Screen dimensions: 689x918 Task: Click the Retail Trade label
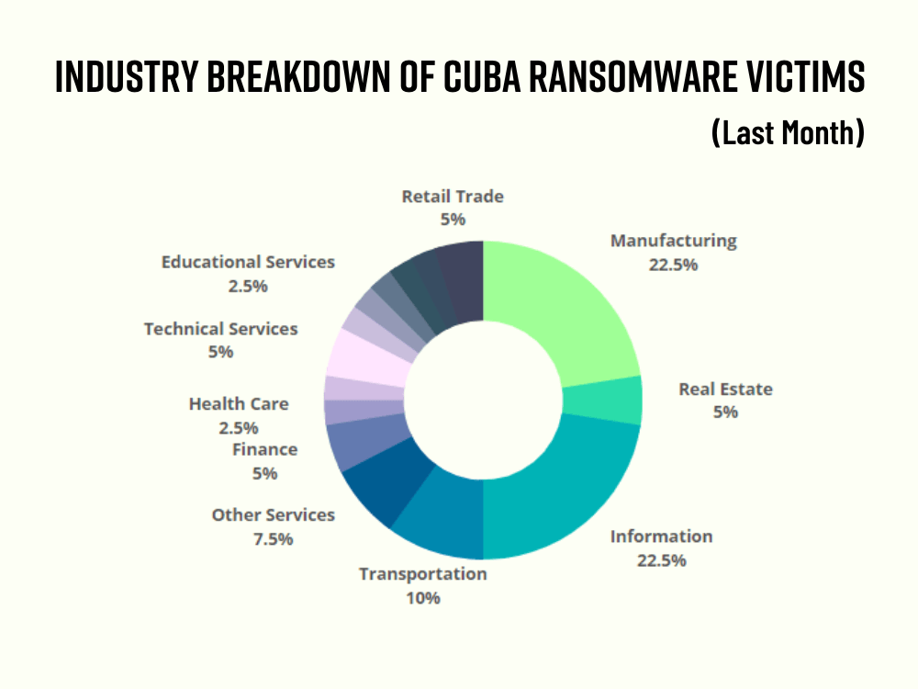coord(453,196)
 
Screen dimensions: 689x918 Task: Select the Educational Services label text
coord(248,262)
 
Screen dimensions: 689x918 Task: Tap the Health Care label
coord(239,403)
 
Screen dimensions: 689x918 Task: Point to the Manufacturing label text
coord(673,241)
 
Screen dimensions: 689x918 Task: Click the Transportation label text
coord(422,574)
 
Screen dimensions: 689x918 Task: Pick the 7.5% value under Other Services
coord(273,539)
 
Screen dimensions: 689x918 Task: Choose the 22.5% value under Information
coord(661,560)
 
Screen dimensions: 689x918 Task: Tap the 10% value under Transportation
coord(422,598)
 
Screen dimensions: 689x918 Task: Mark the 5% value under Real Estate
coord(725,412)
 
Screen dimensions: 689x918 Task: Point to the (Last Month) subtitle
coord(788,133)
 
